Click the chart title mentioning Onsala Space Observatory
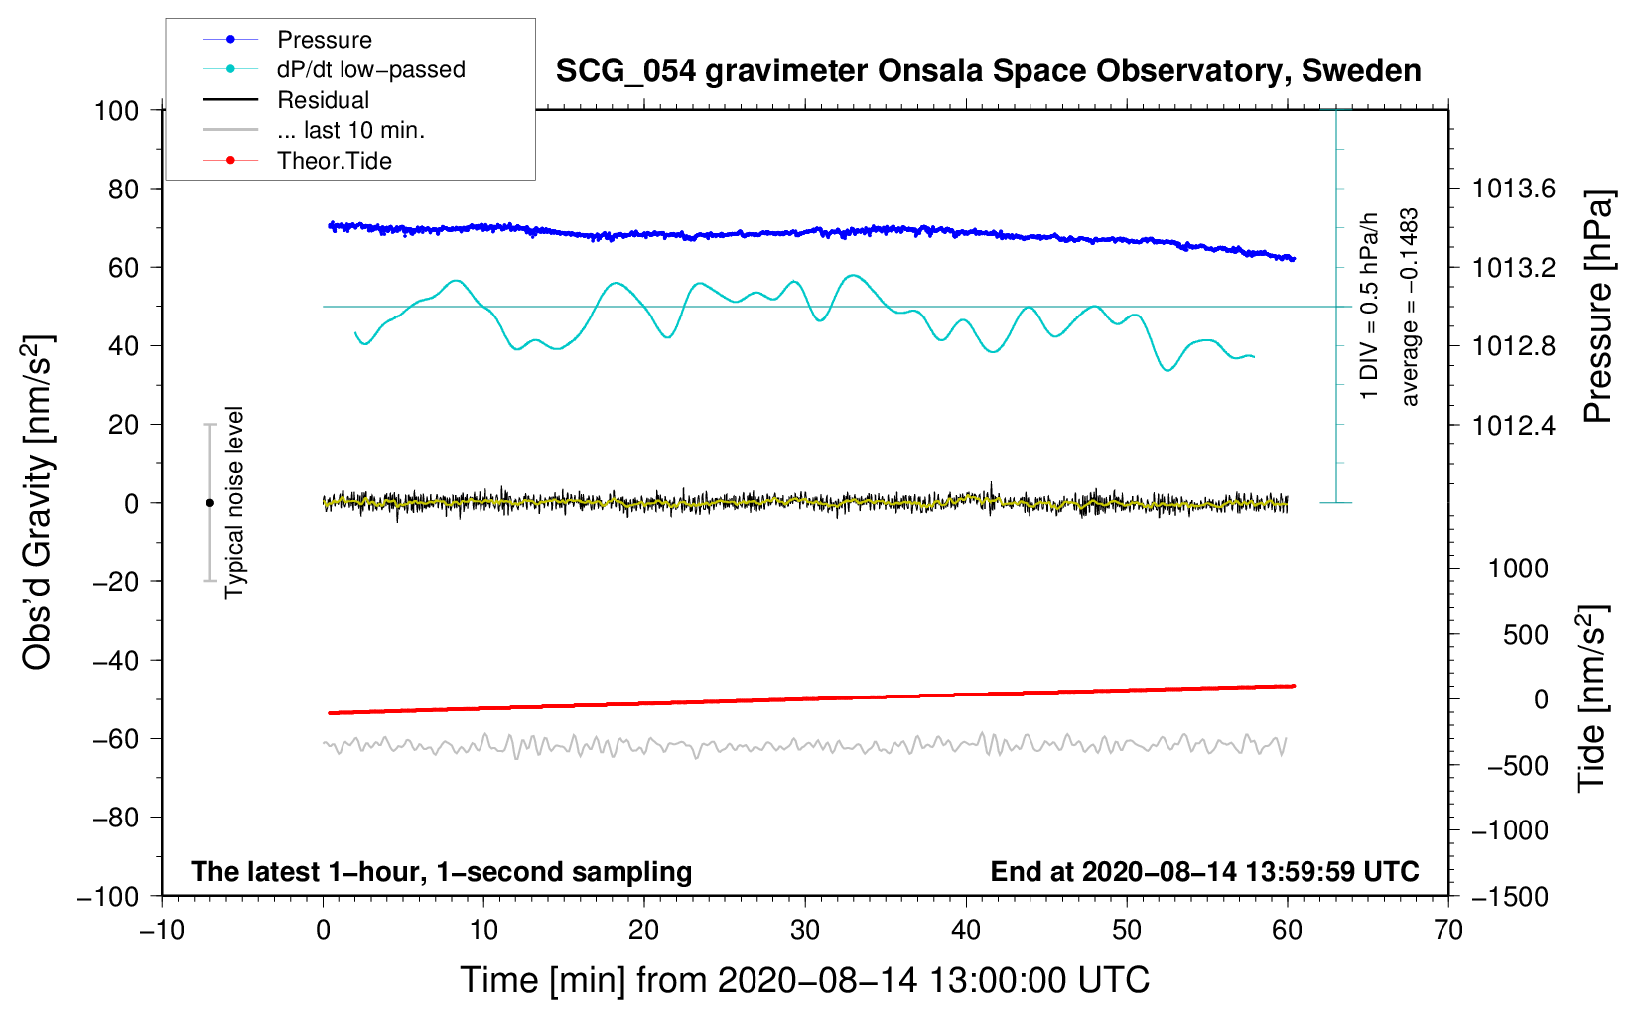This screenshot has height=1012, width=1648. [988, 71]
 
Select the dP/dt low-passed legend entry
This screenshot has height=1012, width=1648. [370, 69]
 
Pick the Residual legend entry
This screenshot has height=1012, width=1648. [323, 100]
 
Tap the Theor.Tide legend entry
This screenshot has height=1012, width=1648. [334, 161]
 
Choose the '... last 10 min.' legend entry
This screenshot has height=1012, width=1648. [350, 130]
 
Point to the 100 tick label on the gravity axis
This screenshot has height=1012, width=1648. [116, 110]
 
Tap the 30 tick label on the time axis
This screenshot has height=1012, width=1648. [805, 930]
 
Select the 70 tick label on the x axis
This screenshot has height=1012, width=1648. [1448, 930]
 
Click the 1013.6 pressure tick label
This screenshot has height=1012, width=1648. [1513, 189]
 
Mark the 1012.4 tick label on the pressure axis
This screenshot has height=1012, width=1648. [1513, 426]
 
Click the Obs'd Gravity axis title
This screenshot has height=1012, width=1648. [38, 503]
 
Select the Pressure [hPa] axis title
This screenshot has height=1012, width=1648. [1597, 307]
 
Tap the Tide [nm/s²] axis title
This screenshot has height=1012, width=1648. [1591, 698]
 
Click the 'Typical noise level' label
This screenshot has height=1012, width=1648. [234, 502]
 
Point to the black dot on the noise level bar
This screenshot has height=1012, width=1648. [209, 503]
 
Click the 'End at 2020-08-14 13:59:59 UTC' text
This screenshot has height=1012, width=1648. [1204, 871]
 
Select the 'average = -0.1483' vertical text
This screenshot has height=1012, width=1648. [1410, 307]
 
